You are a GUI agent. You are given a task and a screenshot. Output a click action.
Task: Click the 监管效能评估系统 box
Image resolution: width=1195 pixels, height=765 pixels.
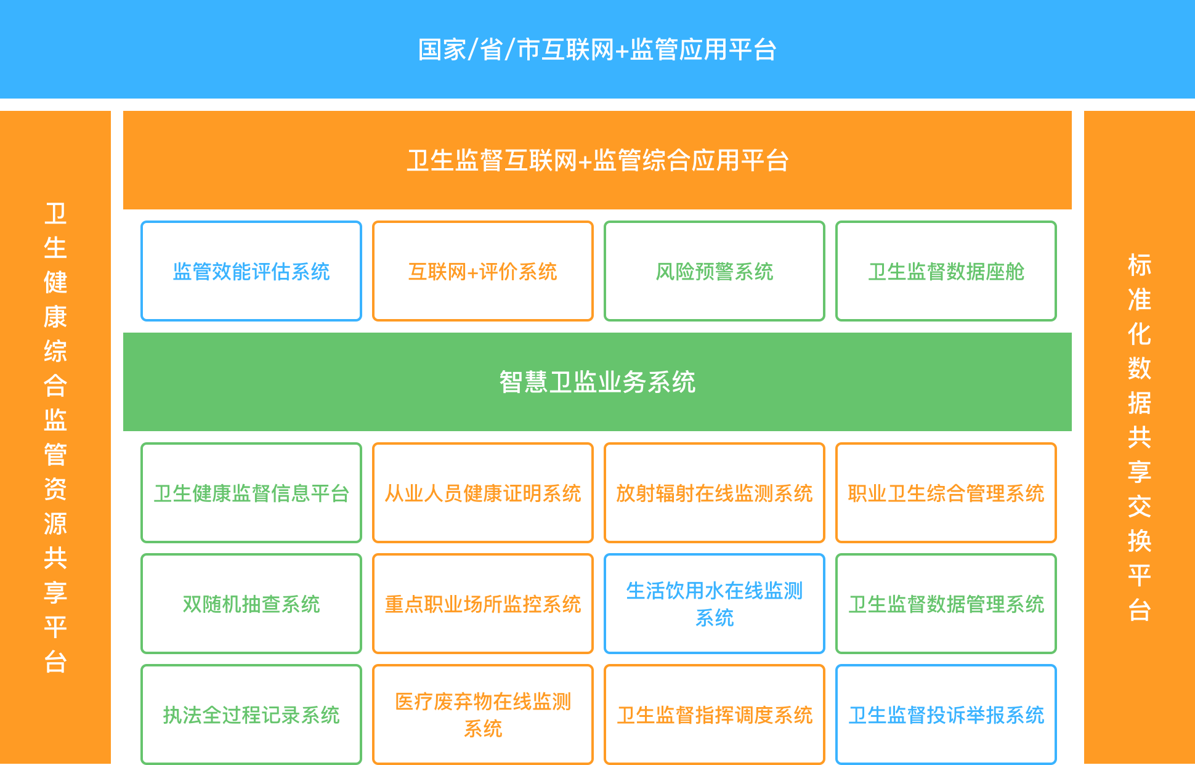pos(251,271)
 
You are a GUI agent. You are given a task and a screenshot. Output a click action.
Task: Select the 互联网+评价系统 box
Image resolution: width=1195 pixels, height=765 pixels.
pos(483,271)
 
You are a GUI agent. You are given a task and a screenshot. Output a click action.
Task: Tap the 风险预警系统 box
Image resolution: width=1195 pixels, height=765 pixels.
pos(715,271)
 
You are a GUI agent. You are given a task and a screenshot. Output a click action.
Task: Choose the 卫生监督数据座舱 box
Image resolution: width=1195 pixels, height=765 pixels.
pos(946,271)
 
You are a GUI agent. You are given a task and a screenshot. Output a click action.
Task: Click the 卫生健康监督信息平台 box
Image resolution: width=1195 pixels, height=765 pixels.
pos(251,493)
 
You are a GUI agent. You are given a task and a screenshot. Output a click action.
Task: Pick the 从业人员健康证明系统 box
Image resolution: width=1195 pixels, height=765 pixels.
pos(483,493)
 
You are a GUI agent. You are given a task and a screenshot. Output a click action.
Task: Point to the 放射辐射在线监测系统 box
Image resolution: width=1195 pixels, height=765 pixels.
pos(715,493)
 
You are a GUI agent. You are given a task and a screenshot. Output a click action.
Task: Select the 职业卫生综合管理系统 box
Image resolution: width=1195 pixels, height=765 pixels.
pos(946,493)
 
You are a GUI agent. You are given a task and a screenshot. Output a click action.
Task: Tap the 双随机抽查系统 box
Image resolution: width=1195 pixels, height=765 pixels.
pos(251,604)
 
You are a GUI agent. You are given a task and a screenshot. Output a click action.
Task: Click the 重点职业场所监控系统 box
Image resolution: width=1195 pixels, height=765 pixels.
pos(483,604)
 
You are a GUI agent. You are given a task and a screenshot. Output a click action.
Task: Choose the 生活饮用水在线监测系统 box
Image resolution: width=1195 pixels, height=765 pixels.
pos(715,604)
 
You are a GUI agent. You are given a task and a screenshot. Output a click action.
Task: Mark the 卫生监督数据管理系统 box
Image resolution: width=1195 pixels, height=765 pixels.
pos(946,604)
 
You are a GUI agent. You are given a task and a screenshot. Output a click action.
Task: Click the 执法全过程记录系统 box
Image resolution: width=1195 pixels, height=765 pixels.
pos(251,714)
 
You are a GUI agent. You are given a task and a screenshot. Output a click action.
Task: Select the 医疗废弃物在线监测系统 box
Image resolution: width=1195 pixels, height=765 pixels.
pos(483,714)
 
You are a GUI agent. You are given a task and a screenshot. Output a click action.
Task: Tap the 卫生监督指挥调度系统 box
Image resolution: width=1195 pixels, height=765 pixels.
pos(715,714)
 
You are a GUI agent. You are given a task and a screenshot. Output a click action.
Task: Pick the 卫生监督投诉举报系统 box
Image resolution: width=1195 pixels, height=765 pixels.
pos(946,714)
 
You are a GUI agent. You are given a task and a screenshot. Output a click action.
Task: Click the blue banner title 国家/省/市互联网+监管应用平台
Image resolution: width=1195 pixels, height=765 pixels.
pos(597,50)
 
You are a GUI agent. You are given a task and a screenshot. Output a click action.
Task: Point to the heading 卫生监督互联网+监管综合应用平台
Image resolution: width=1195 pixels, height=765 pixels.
pos(597,161)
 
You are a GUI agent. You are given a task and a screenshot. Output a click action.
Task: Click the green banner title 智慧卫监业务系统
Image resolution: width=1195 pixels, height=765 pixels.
pos(597,382)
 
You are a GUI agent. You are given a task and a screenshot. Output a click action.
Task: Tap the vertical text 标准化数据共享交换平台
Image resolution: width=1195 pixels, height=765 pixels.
pos(1139,437)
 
